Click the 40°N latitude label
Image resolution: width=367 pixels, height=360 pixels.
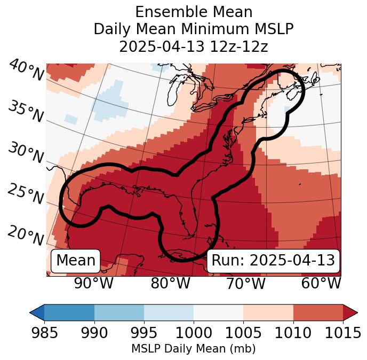26,71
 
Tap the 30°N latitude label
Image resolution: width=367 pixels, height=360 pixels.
26,153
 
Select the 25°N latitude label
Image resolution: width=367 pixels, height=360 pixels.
26,194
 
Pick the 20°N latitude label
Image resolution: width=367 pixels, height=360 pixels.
26,235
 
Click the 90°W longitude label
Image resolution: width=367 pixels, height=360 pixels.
93,283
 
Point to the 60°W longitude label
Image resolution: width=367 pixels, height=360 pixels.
321,283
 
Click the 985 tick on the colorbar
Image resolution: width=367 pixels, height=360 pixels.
44,333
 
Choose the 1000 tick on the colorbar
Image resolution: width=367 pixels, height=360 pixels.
194,333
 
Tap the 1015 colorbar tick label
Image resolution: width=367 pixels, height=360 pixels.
342,333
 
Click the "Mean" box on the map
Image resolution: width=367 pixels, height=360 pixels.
76,261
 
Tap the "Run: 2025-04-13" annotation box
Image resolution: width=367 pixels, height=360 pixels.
273,261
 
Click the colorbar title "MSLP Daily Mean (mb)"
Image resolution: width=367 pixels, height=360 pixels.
193,349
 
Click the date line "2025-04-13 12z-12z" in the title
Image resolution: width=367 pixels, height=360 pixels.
193,46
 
